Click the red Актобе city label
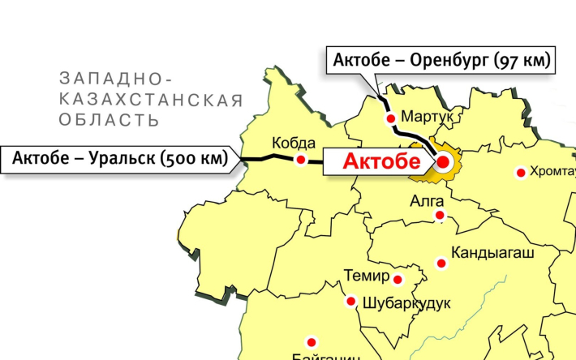click(x=376, y=161)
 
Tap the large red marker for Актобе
click(x=443, y=161)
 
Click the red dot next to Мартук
click(x=391, y=118)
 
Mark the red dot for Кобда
click(x=300, y=161)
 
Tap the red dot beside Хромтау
click(x=521, y=172)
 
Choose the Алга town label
click(x=428, y=199)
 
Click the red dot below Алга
click(x=440, y=215)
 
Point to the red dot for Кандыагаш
click(x=441, y=263)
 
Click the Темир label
click(x=367, y=275)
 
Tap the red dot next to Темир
click(x=398, y=280)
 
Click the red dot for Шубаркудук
click(x=351, y=302)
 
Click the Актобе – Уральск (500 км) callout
click(x=118, y=159)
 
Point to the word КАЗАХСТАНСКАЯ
click(x=150, y=100)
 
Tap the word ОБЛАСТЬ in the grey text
click(x=107, y=120)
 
